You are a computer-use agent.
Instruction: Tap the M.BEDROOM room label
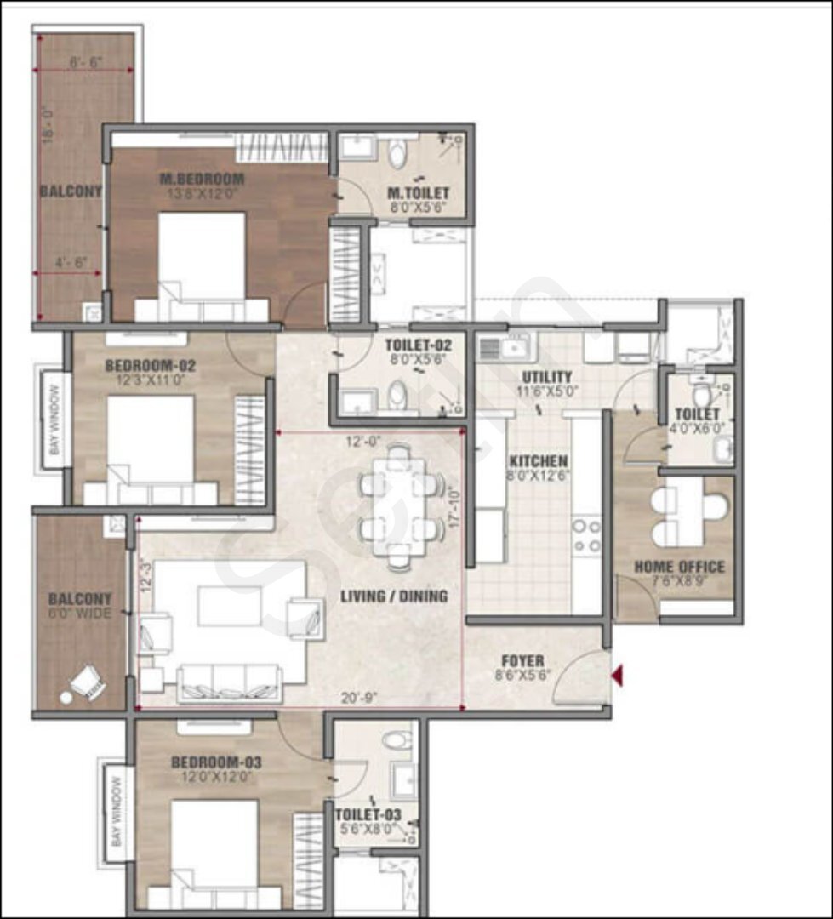(x=203, y=180)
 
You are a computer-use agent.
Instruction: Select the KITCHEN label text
(x=538, y=461)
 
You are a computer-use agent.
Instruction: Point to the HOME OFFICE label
(x=679, y=567)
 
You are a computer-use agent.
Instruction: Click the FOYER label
(x=522, y=661)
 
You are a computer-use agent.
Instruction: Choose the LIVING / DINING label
(x=394, y=596)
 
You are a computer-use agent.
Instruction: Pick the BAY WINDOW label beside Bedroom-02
(x=54, y=420)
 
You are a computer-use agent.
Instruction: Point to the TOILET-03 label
(x=368, y=814)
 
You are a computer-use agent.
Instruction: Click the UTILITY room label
(x=548, y=377)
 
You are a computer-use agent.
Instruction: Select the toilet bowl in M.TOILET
(x=397, y=154)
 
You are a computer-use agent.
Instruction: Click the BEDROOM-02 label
(x=151, y=367)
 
